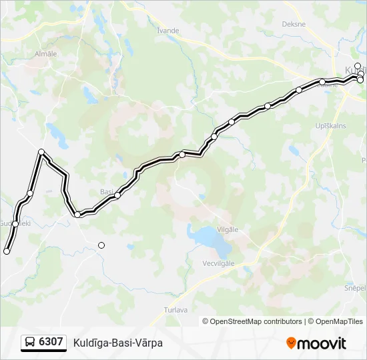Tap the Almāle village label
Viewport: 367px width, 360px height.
point(45,53)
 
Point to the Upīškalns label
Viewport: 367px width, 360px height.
point(331,125)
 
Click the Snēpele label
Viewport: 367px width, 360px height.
point(355,287)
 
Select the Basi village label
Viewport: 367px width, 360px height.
point(106,191)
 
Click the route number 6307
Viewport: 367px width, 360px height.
point(51,342)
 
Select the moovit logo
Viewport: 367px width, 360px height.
point(316,343)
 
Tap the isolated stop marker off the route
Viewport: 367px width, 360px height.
point(101,245)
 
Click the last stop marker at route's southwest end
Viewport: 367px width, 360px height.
point(7,251)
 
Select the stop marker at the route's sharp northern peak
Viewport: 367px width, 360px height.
point(41,152)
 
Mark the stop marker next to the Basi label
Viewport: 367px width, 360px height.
point(117,195)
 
